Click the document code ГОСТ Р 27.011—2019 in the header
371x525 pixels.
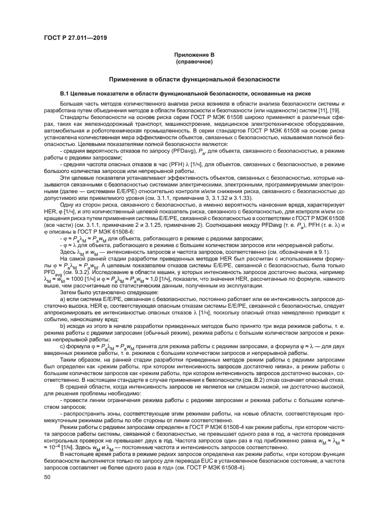click(75, 39)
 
